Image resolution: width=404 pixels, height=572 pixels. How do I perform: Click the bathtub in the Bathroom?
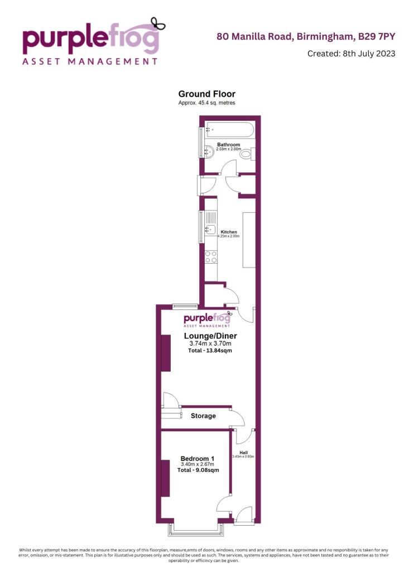[229, 130]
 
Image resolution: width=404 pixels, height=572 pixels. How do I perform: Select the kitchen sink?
[211, 229]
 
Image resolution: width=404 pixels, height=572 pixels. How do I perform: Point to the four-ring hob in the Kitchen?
[211, 257]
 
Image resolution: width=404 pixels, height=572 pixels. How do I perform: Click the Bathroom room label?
[228, 145]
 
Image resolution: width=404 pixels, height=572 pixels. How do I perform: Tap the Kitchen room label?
[229, 232]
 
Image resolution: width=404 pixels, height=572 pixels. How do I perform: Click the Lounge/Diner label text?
[210, 336]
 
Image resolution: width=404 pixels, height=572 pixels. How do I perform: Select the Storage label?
[203, 416]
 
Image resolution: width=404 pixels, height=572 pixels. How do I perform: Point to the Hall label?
[243, 452]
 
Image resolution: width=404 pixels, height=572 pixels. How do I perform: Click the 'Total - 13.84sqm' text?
[210, 351]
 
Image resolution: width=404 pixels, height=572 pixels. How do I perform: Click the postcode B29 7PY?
[377, 37]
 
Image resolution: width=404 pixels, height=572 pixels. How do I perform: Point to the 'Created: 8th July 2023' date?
[351, 54]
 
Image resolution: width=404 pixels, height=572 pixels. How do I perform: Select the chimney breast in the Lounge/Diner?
[166, 353]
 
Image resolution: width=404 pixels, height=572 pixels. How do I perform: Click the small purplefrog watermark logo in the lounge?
[207, 320]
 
